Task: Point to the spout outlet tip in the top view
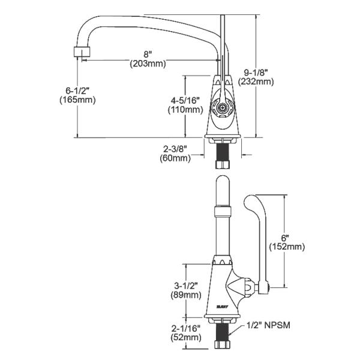click(79, 52)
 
